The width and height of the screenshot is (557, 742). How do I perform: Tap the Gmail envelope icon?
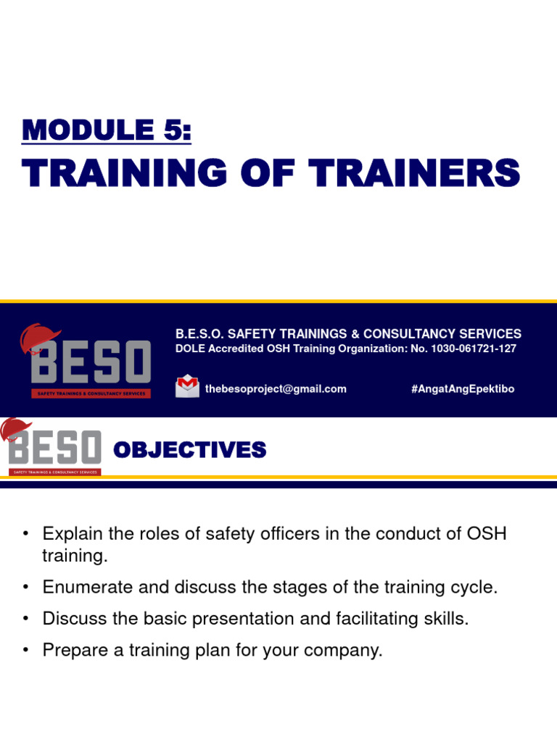click(187, 385)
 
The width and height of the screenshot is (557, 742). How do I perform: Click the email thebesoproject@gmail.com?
click(276, 389)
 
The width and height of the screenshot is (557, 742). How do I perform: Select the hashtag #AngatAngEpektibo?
click(463, 389)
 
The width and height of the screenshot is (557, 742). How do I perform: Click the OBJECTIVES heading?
click(190, 451)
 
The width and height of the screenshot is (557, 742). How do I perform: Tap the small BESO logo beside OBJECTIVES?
click(52, 449)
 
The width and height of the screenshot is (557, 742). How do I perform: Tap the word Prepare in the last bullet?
click(71, 651)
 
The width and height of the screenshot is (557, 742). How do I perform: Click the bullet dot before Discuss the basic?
click(26, 619)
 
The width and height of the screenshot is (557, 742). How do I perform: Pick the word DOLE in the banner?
click(190, 349)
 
